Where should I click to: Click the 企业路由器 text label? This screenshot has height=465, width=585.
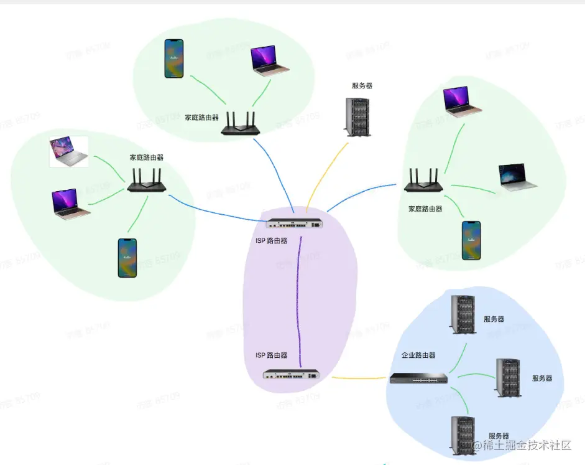[x=418, y=355]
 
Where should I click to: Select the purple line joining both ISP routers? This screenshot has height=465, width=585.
[x=300, y=299]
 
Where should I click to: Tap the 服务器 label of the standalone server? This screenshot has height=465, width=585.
[x=362, y=86]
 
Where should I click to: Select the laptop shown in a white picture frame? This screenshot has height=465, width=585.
[x=68, y=152]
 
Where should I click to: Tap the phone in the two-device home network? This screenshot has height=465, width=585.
[x=174, y=59]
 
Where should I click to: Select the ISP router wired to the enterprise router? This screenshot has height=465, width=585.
[x=291, y=375]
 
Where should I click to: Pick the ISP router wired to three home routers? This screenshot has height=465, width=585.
[x=296, y=223]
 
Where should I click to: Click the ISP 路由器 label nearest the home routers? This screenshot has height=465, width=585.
[x=272, y=240]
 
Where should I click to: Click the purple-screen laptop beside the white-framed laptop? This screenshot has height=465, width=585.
[x=70, y=204]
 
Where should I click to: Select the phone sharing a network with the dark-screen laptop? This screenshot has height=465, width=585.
[x=471, y=240]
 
